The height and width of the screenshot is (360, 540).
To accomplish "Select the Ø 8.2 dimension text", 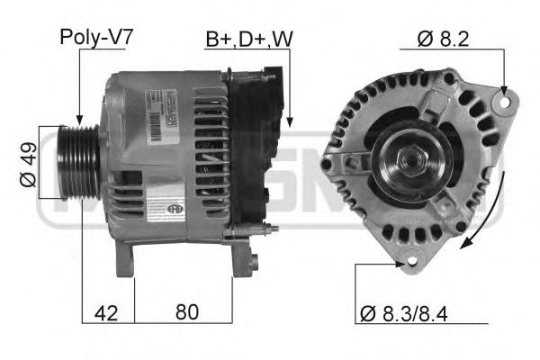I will coord(443,39).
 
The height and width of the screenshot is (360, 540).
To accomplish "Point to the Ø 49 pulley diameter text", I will coord(26,166).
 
